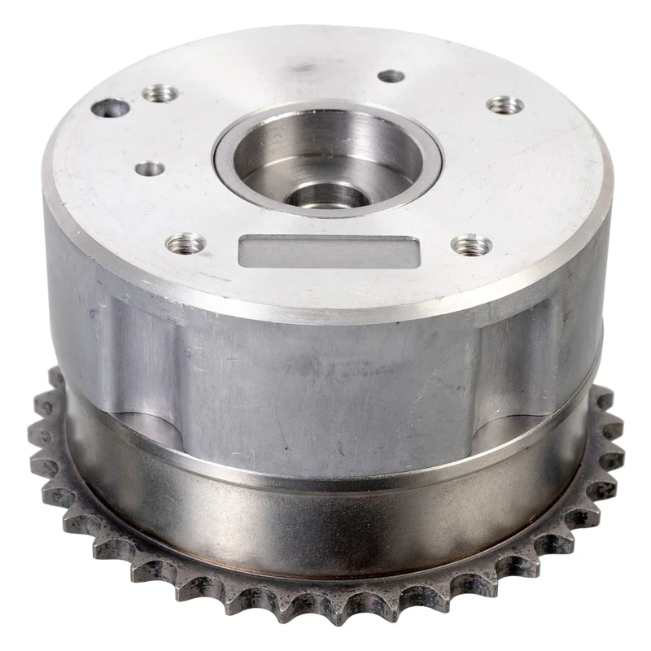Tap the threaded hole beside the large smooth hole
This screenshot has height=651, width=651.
point(160,93)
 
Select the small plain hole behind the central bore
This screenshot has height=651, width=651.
point(391,76)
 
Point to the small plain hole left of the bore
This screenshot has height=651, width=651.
point(150,168)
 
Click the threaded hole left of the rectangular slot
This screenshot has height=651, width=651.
point(186,242)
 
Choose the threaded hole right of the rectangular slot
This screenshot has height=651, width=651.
point(471,243)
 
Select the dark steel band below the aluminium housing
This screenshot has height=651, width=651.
point(325,521)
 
